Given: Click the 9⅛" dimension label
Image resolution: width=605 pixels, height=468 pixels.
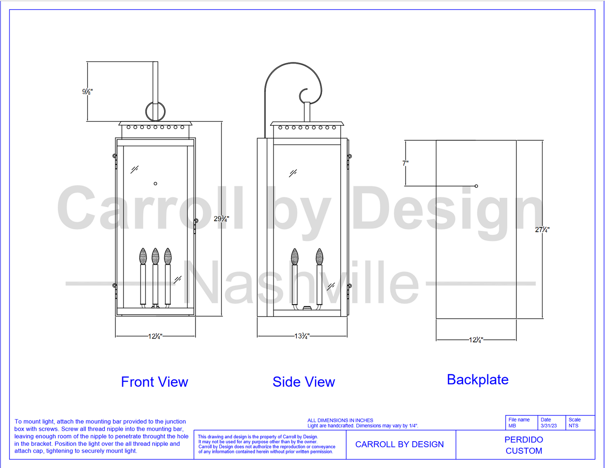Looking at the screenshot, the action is pos(87,91).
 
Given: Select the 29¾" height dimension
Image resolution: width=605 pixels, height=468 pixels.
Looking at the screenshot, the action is pos(221,219).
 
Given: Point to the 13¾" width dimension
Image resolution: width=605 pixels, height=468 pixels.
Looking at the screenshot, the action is pos(302,336).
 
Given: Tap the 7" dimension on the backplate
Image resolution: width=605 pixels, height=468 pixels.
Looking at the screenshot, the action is pos(405,163).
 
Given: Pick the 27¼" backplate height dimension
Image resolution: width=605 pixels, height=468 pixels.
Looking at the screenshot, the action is pos(542,230).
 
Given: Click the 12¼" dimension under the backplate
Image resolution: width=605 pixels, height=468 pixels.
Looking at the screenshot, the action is pos(476,340).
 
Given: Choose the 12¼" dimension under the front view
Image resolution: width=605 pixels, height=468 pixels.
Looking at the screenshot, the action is pos(155,336).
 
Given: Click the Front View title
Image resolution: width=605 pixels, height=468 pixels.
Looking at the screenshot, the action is pos(154,382).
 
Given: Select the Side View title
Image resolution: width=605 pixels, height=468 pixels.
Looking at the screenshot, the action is pos(304,382).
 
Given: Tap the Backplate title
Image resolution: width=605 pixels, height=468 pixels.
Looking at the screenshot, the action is pos(478,380).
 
